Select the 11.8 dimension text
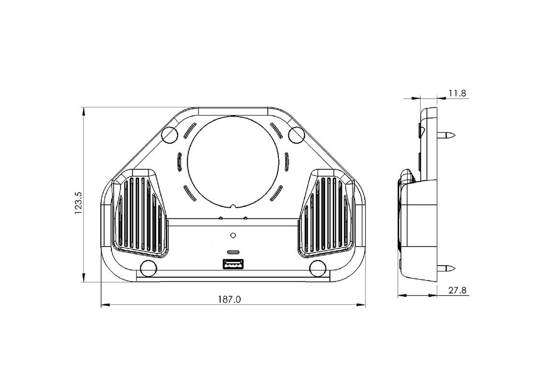[457, 93]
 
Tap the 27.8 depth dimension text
[457, 290]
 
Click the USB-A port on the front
[232, 264]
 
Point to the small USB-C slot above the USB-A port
[233, 253]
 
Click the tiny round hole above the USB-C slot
[233, 236]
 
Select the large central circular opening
[233, 160]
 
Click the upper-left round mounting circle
[169, 134]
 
